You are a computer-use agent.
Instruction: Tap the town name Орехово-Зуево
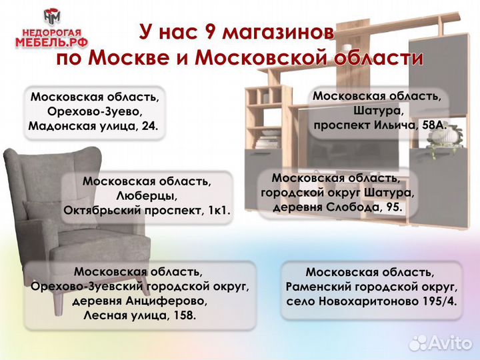click(93, 111)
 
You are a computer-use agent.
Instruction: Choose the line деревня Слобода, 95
click(337, 207)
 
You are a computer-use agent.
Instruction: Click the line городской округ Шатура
click(337, 193)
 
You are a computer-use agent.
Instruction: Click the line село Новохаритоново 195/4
click(371, 301)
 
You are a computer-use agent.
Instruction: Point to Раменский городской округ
click(371, 287)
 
